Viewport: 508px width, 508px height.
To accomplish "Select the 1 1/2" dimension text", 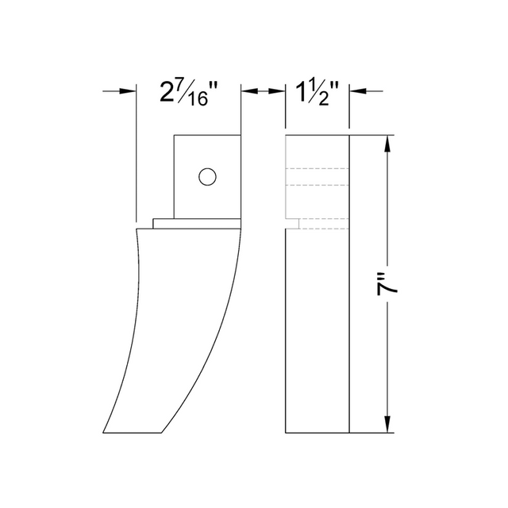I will click(x=317, y=93).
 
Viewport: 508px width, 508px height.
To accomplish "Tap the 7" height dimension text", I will click(x=389, y=286).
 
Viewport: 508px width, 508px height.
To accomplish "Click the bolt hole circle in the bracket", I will click(x=208, y=176).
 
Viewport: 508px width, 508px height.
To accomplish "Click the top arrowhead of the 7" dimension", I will click(x=387, y=143).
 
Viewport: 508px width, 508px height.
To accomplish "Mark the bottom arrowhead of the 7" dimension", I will click(x=387, y=427).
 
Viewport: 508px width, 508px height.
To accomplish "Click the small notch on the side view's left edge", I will click(x=292, y=223).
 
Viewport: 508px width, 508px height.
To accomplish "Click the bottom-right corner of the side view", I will click(x=348, y=433).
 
